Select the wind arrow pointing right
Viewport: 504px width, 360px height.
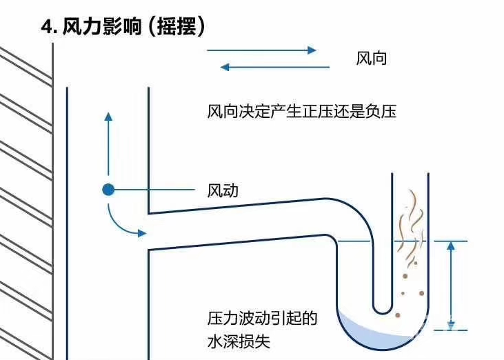[x=262, y=50]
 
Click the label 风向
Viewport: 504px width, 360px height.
[x=372, y=59]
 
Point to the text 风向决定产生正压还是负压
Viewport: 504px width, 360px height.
[x=301, y=111]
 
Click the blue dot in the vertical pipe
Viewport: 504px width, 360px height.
[x=108, y=190]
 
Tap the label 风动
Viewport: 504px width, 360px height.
[x=223, y=190]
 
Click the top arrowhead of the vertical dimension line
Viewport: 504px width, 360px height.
[x=450, y=246]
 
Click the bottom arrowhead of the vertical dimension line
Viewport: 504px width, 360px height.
[x=450, y=325]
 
